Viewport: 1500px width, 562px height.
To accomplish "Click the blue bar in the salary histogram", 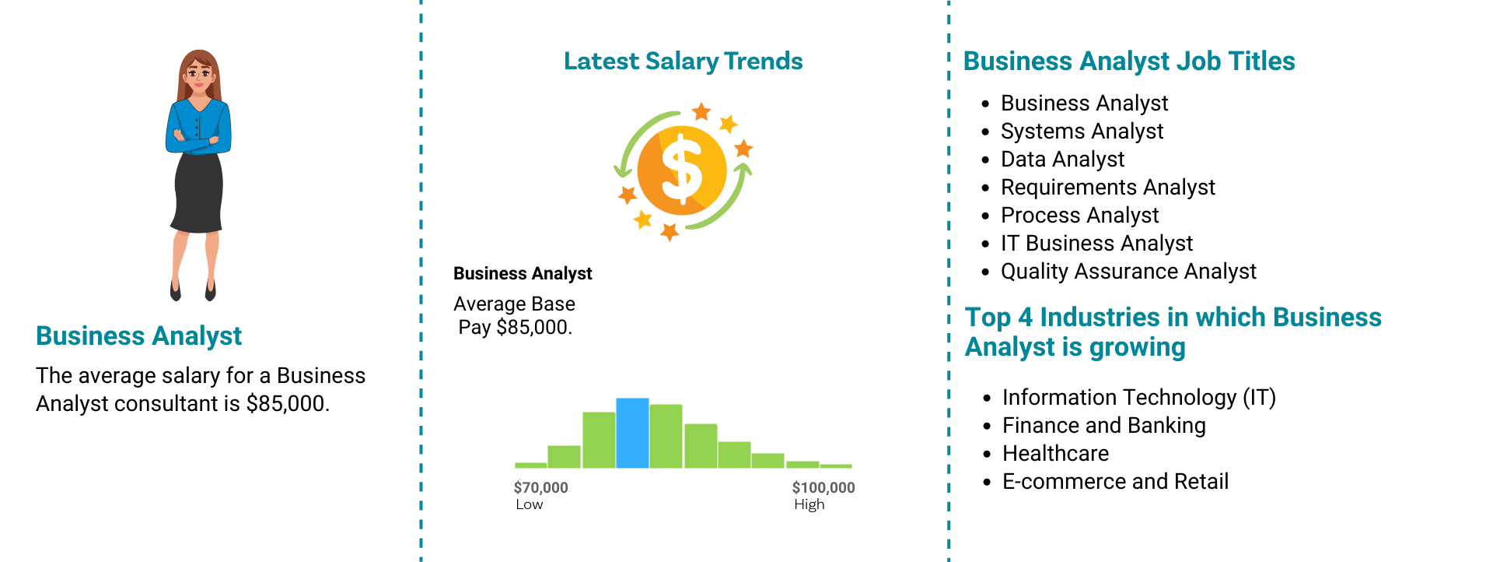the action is click(632, 433).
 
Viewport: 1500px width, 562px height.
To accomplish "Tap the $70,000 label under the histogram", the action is click(540, 487).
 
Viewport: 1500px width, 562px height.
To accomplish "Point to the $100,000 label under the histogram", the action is click(823, 487).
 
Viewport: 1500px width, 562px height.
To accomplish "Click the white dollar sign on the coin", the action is click(681, 169).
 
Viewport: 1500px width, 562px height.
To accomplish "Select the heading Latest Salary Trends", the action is click(683, 61).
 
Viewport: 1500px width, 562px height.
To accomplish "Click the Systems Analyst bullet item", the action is click(1082, 131).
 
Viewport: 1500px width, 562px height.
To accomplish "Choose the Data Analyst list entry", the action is click(1062, 159).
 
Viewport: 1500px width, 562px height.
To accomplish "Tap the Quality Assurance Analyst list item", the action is click(1128, 271).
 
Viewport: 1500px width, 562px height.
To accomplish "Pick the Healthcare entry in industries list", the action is click(1055, 453).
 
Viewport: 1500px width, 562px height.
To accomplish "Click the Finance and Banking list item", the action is click(1103, 425).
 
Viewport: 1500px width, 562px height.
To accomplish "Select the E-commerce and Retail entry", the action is click(1115, 481).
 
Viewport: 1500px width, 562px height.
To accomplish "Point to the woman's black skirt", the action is click(198, 192).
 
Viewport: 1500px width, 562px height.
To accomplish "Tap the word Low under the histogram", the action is click(529, 504).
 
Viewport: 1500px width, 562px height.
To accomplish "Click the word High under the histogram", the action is click(809, 504).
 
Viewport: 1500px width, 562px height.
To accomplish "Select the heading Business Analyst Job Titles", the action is click(1129, 61).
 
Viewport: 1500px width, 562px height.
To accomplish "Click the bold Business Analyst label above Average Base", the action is click(523, 273).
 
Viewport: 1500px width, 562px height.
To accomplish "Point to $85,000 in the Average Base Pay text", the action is click(533, 327).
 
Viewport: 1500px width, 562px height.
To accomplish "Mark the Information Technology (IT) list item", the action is click(1138, 397).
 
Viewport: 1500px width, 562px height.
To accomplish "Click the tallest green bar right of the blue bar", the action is click(666, 436).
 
